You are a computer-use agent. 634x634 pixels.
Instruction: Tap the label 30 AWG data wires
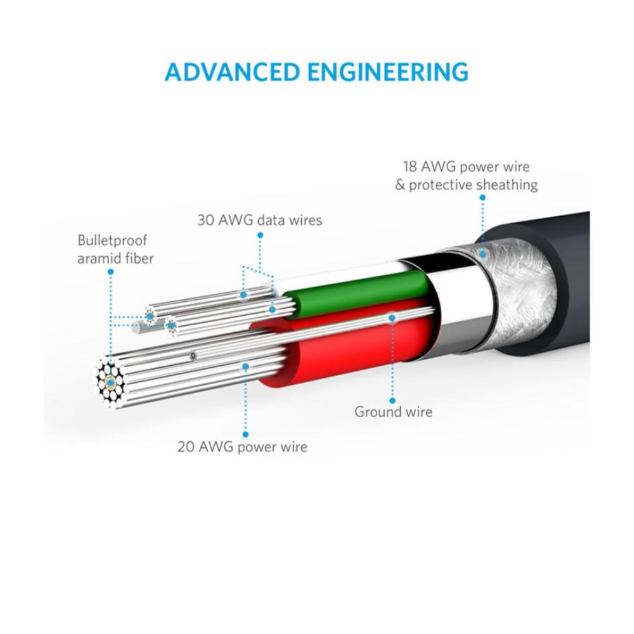click(259, 220)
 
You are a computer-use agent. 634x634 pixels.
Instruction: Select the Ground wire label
click(393, 411)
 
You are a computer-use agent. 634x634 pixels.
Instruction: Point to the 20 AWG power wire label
click(242, 446)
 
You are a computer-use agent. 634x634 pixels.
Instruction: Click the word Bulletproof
click(112, 240)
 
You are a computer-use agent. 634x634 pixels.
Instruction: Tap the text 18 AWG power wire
click(466, 167)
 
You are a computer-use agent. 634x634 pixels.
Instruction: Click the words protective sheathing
click(473, 185)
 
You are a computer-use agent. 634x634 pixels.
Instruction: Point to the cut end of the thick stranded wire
click(112, 381)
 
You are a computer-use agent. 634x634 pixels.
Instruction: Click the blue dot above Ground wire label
click(392, 401)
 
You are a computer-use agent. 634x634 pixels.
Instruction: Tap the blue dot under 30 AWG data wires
click(260, 235)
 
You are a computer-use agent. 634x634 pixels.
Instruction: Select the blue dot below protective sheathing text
click(482, 198)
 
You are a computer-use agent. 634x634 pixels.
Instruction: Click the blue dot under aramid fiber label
click(111, 271)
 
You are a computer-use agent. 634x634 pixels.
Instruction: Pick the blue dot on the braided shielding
click(482, 254)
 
